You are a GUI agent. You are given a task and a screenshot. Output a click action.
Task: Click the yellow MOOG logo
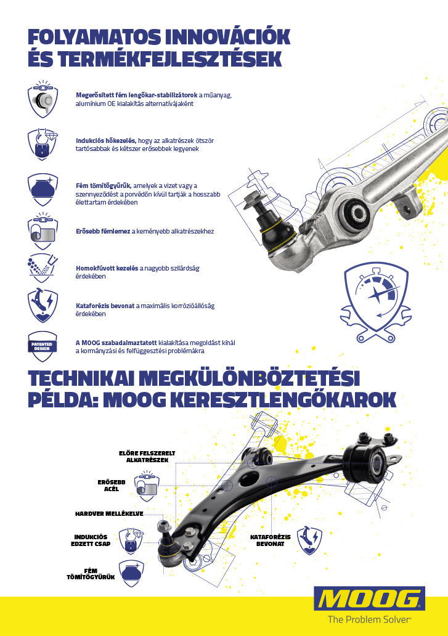pyautogui.click(x=369, y=598)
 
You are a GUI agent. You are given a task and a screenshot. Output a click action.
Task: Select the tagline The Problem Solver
pyautogui.click(x=369, y=619)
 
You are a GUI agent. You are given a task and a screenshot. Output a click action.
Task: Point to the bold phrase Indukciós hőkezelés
pyautogui.click(x=106, y=141)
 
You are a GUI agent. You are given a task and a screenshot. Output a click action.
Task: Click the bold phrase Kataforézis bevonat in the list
pyautogui.click(x=105, y=306)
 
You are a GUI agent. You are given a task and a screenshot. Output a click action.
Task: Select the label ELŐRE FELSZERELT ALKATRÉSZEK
pyautogui.click(x=147, y=457)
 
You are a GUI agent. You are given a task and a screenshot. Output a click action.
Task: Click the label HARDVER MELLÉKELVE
pyautogui.click(x=109, y=513)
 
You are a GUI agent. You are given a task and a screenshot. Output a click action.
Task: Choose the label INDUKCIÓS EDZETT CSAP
pyautogui.click(x=91, y=540)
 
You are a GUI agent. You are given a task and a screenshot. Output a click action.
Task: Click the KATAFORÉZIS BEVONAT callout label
pyautogui.click(x=270, y=540)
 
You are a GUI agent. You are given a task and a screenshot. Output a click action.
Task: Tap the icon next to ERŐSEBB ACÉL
pyautogui.click(x=146, y=486)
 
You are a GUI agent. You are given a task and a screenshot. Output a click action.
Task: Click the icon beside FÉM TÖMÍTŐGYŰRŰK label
pyautogui.click(x=131, y=574)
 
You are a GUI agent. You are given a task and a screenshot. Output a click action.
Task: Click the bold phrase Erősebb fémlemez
pyautogui.click(x=103, y=231)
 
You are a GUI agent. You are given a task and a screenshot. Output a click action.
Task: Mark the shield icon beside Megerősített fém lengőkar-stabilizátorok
pyautogui.click(x=43, y=99)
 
